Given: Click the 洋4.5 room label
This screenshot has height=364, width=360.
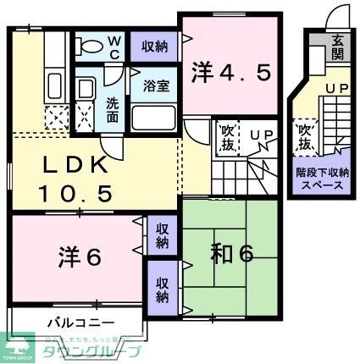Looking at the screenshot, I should point(231,73).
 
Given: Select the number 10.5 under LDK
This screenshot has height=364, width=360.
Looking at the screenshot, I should point(75,193).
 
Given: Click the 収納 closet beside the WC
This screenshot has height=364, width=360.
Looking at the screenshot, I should point(154,47).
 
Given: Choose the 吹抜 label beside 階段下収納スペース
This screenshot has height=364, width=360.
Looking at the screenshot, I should point(305,136).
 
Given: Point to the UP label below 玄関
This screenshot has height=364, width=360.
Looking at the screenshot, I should point(336,88).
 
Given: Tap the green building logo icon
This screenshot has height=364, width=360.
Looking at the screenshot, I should point(19,347).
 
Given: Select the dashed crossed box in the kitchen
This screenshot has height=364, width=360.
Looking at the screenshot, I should point(55,119).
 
